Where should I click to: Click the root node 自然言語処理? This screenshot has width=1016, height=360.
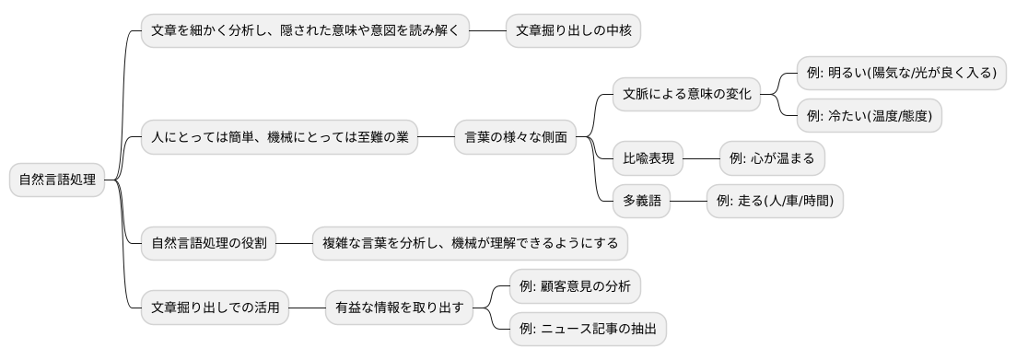[x=57, y=180]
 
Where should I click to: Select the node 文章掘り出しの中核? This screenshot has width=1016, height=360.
[x=573, y=30]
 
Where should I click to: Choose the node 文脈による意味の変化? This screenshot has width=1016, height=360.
[x=686, y=94]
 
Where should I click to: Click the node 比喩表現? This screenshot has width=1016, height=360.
[x=648, y=158]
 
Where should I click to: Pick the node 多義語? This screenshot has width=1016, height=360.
[x=641, y=200]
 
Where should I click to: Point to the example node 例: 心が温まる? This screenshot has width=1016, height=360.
[x=772, y=158]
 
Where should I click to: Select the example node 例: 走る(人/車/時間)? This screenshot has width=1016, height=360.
[x=775, y=200]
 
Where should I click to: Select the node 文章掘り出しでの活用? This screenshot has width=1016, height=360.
[x=215, y=308]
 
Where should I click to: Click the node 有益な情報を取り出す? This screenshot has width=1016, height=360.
[x=399, y=308]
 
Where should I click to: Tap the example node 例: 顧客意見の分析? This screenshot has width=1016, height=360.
[x=575, y=286]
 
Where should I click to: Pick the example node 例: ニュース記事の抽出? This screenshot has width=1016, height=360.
[x=588, y=329]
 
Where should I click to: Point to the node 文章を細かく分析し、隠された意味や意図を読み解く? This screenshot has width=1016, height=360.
[x=306, y=30]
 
